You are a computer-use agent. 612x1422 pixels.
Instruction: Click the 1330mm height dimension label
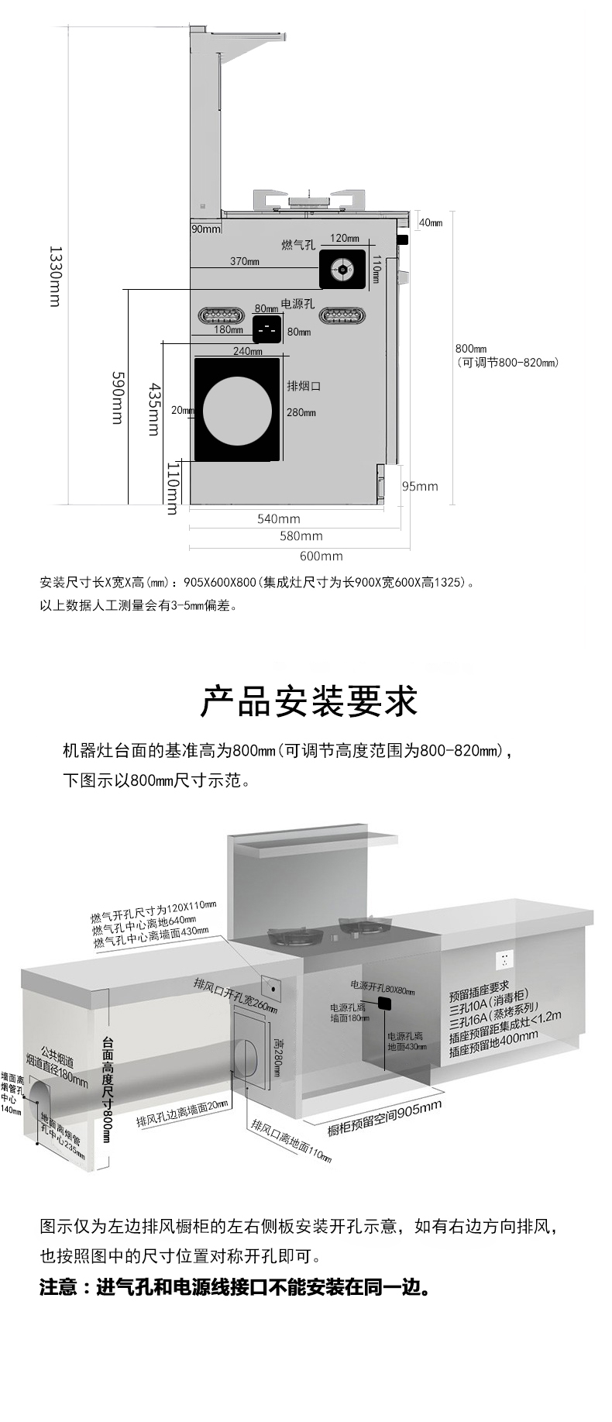tap(54, 276)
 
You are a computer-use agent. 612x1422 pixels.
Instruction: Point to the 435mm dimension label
tap(156, 408)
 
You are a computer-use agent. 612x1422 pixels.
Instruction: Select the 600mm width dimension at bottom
tap(321, 556)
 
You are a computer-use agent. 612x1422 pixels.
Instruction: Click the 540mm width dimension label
tap(278, 518)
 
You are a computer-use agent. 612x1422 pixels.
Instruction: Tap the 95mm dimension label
tap(420, 486)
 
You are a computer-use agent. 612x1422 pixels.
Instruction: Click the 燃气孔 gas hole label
tap(298, 245)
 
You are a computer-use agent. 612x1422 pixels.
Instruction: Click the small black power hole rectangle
tap(266, 329)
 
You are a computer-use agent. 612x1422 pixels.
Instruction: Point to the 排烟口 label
tap(304, 386)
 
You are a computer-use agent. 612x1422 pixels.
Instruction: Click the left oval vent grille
tap(222, 315)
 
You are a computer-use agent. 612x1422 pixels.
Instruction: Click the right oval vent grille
tap(341, 315)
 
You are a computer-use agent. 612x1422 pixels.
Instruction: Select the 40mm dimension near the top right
tap(431, 223)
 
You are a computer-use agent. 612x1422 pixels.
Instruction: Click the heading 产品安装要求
tap(308, 701)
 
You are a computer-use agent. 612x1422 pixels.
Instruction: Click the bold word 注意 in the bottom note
tap(59, 1287)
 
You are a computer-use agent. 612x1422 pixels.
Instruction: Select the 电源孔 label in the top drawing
tap(297, 304)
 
